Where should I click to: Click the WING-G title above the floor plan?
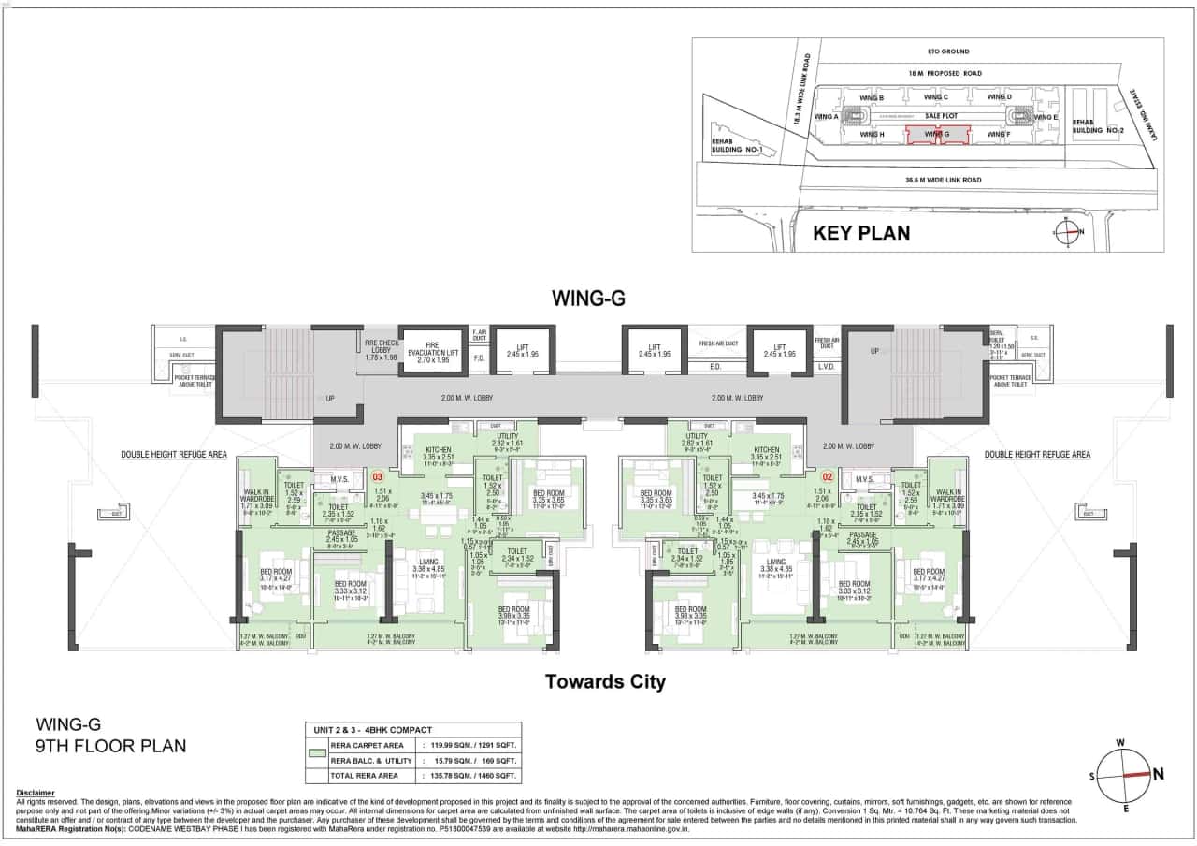[587, 299]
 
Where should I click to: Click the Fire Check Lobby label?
[381, 349]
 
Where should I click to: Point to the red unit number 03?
[378, 476]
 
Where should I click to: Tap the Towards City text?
[605, 682]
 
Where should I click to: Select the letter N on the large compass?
[1158, 774]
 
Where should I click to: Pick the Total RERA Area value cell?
[471, 777]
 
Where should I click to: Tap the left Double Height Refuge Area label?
[173, 455]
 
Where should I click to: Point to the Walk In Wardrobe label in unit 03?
[256, 500]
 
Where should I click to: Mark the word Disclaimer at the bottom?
[36, 793]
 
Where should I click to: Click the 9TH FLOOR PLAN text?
[110, 746]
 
